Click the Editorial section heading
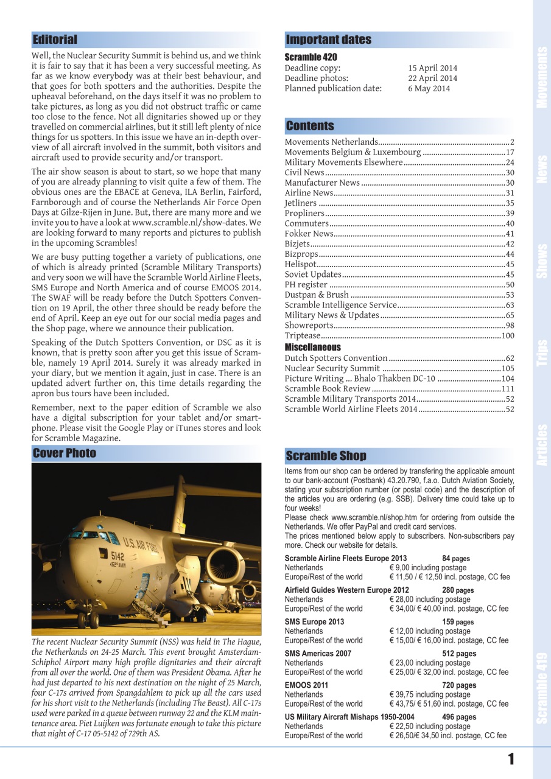(55, 40)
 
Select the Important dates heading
(328, 40)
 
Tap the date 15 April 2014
(432, 68)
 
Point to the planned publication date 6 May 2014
(429, 88)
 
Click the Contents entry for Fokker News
(309, 234)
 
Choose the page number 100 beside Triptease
(508, 336)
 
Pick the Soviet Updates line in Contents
(313, 274)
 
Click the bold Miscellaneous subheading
(313, 347)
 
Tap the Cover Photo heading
(65, 453)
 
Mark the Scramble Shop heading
(326, 456)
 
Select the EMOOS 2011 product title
(307, 685)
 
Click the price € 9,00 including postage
(430, 567)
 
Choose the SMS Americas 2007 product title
(318, 654)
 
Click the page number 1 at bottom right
(511, 759)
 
